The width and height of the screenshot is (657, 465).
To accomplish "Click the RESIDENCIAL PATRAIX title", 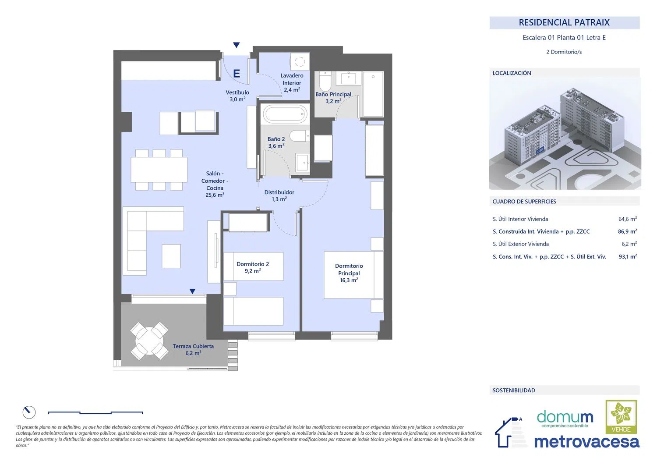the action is pyautogui.click(x=564, y=22).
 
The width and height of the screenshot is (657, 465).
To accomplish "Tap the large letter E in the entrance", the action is pyautogui.click(x=237, y=73).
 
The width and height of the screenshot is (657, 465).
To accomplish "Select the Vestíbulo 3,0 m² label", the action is pyautogui.click(x=237, y=96).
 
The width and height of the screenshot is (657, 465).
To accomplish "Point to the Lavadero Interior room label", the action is pyautogui.click(x=292, y=83).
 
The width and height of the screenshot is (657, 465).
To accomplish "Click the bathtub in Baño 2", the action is pyautogui.click(x=285, y=114).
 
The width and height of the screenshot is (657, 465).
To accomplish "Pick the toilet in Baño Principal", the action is pyautogui.click(x=325, y=82).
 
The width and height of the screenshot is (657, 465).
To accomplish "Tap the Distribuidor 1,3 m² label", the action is pyautogui.click(x=279, y=195).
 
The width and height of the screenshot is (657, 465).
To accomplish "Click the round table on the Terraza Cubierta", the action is pyautogui.click(x=149, y=341).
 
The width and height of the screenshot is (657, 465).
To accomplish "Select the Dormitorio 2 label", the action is pyautogui.click(x=253, y=267).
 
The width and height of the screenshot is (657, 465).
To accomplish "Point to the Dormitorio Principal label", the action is pyautogui.click(x=349, y=273).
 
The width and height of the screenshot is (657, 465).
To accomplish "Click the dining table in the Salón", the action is pyautogui.click(x=159, y=170).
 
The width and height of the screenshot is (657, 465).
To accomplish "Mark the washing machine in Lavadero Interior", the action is pyautogui.click(x=300, y=62).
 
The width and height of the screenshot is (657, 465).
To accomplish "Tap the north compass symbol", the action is pyautogui.click(x=29, y=412).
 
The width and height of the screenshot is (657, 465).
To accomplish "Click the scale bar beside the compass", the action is pyautogui.click(x=95, y=413).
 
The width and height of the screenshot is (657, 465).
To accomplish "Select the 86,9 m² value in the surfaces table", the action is pyautogui.click(x=627, y=231).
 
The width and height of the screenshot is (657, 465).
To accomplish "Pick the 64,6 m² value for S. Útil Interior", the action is pyautogui.click(x=627, y=219).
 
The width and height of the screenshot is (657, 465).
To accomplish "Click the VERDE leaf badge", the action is pyautogui.click(x=621, y=416).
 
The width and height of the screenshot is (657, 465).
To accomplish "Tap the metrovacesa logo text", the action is pyautogui.click(x=586, y=442).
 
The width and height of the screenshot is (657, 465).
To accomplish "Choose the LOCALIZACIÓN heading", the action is pyautogui.click(x=512, y=73).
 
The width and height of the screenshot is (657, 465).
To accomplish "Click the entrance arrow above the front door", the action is pyautogui.click(x=237, y=45).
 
